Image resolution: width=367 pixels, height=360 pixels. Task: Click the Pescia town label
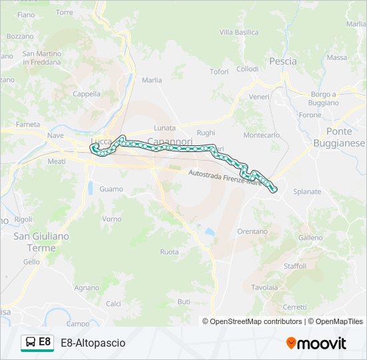[283, 61]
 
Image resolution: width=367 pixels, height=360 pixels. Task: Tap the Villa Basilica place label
[239, 32]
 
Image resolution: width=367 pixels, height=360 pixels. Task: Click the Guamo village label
[111, 189]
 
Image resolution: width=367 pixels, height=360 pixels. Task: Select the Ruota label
[169, 251]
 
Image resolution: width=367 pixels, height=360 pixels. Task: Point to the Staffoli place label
[295, 265]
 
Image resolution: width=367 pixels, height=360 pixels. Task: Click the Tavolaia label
[265, 287]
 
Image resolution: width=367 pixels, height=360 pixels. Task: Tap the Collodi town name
[247, 69]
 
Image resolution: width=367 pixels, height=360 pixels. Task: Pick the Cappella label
[86, 94]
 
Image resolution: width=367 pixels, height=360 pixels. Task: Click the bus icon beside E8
[30, 343]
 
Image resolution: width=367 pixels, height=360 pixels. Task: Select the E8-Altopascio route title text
[93, 343]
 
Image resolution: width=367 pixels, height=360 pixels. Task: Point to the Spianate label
[307, 191]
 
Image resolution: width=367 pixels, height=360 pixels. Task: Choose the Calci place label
[113, 303]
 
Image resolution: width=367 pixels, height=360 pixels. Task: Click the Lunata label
[164, 127]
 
